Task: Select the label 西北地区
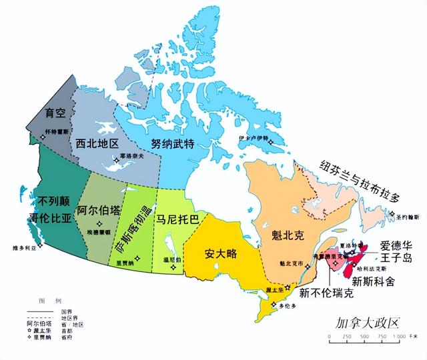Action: pos(97,143)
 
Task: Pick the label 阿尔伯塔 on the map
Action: pos(99,211)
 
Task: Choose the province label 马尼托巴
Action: pos(176,218)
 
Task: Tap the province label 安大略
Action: pos(222,254)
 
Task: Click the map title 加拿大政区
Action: pos(366,324)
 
